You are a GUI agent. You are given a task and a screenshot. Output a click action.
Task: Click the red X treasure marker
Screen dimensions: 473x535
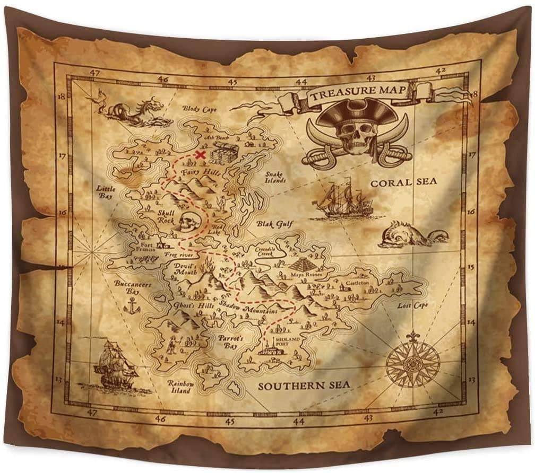tap(200, 154)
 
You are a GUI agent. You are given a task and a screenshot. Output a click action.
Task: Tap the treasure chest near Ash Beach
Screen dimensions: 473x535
tap(219, 154)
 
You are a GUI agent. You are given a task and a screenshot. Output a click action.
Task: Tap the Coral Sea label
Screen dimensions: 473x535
tap(403, 182)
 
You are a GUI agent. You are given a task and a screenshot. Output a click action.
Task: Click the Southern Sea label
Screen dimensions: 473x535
tap(304, 386)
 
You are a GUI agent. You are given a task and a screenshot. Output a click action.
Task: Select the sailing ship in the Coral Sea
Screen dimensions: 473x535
tap(342, 200)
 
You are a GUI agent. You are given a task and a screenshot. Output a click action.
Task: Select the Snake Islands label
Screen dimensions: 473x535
tap(275, 177)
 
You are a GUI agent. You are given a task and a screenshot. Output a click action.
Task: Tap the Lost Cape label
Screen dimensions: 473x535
tap(413, 305)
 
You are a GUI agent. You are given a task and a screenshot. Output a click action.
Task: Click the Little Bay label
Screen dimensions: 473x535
tap(106, 191)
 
